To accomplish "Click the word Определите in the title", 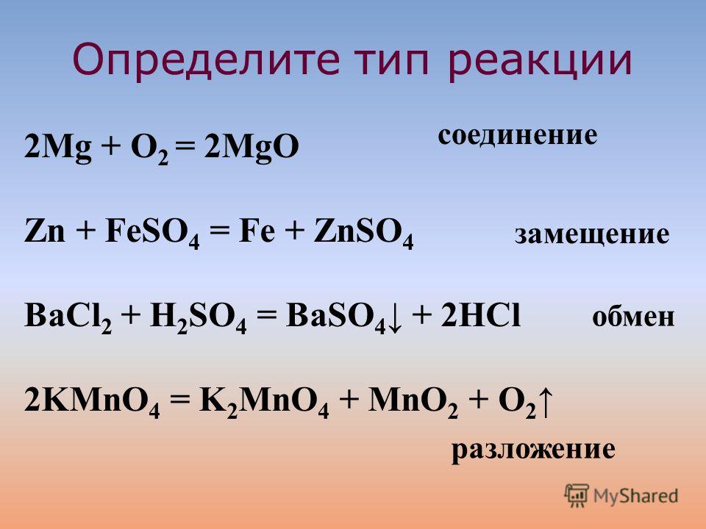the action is (206, 60).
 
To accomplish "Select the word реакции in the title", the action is (541, 61).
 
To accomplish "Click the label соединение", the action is (517, 135).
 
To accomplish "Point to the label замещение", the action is (592, 234).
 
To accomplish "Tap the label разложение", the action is (533, 449).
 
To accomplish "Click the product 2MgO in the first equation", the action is (252, 147).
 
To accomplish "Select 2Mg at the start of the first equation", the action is (57, 147).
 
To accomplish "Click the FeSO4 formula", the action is (151, 234).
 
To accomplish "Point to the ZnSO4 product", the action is (363, 234).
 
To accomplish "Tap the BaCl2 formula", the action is (68, 317).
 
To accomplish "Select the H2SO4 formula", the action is (199, 317).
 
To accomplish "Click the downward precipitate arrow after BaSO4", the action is (394, 318).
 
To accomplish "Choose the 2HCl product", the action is (480, 315).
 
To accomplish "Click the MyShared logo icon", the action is (577, 496).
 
